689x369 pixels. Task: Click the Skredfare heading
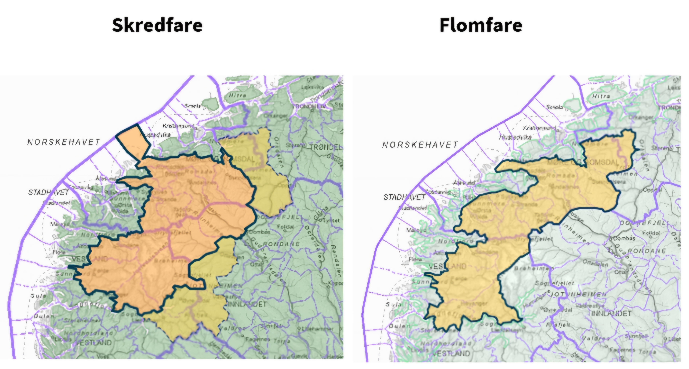click(x=157, y=25)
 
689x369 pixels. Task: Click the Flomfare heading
click(x=481, y=25)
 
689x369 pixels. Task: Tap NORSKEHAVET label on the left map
click(x=64, y=142)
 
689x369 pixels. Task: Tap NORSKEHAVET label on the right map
click(x=420, y=145)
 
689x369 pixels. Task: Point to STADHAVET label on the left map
click(x=49, y=192)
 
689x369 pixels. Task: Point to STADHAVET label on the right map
click(x=404, y=197)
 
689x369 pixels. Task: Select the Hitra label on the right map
click(x=601, y=96)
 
